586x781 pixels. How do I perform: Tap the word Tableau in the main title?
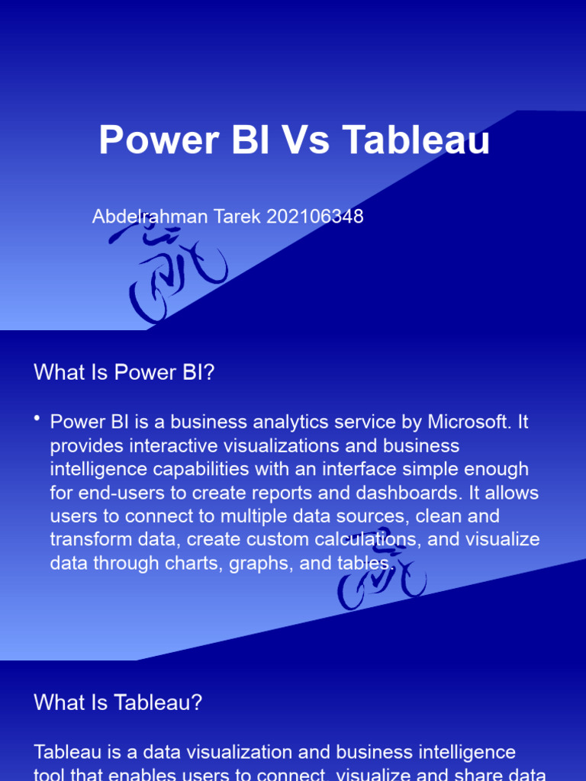pyautogui.click(x=416, y=141)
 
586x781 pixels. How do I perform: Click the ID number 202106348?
pyautogui.click(x=315, y=217)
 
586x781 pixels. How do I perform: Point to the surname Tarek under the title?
pyautogui.click(x=237, y=217)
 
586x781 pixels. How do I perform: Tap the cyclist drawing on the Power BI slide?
pyautogui.click(x=381, y=569)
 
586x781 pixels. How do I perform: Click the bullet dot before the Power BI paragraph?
pyautogui.click(x=37, y=420)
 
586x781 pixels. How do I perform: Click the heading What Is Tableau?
pyautogui.click(x=118, y=702)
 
